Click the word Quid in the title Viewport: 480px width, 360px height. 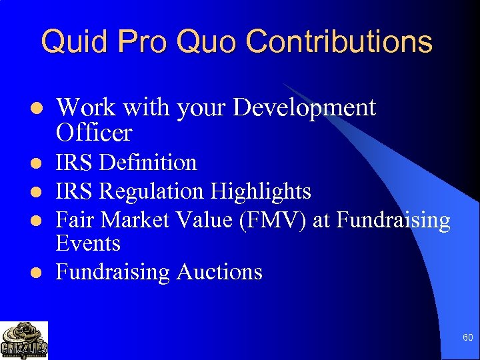(74, 42)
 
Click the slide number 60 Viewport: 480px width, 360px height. (468, 338)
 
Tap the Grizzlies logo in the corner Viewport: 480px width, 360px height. (24, 340)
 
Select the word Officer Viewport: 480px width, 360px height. (94, 133)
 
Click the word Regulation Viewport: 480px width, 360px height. (153, 191)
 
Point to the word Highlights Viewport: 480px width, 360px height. (261, 191)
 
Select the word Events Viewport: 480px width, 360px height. (88, 243)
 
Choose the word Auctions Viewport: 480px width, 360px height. (219, 272)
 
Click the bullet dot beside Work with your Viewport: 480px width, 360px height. (39, 109)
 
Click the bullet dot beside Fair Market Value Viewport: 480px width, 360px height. (39, 221)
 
